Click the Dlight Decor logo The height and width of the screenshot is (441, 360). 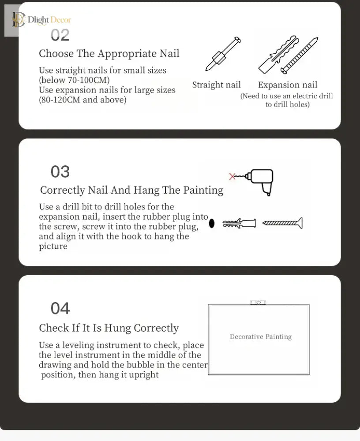[x=41, y=20]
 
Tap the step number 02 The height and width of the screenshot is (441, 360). [x=60, y=35]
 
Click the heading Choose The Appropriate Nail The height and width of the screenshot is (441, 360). [x=109, y=53]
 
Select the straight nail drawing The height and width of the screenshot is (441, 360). [x=223, y=53]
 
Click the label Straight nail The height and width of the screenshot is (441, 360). [x=217, y=85]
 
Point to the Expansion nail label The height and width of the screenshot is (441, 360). [x=287, y=85]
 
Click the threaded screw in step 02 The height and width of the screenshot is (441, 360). [x=300, y=55]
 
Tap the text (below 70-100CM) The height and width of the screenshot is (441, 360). [x=74, y=80]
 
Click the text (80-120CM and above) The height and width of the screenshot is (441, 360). [x=82, y=100]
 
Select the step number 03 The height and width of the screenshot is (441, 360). [x=60, y=172]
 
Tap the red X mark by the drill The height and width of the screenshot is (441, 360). [x=232, y=176]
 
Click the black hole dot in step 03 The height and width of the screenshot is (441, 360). [x=212, y=223]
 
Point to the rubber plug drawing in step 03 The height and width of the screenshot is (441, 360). [x=239, y=223]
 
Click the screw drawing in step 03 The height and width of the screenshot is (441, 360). [x=283, y=223]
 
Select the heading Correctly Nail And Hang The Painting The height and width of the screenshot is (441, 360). [x=132, y=190]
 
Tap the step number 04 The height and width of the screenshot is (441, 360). [x=60, y=308]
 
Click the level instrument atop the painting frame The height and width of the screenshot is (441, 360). [x=258, y=303]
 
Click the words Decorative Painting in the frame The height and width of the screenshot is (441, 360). [x=261, y=336]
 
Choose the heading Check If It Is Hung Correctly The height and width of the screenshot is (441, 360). [x=109, y=328]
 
